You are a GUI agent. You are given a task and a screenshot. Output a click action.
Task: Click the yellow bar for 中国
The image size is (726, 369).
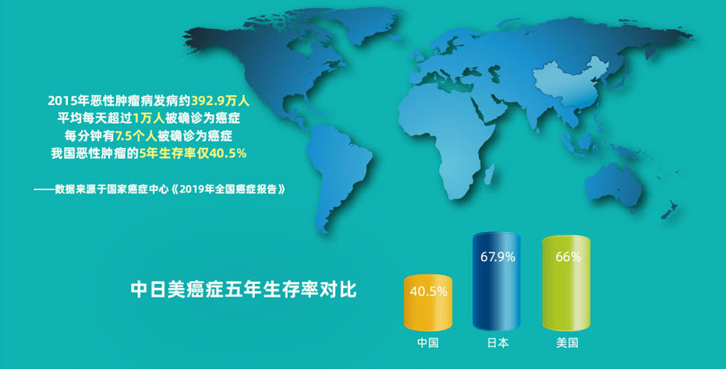pyautogui.click(x=427, y=302)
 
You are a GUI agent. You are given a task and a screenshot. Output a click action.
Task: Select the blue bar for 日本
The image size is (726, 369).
pyautogui.click(x=497, y=282)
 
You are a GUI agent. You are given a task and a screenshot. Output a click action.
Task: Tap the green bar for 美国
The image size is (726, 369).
pyautogui.click(x=566, y=283)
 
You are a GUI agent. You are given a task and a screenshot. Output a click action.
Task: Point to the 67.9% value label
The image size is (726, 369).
pyautogui.click(x=498, y=257)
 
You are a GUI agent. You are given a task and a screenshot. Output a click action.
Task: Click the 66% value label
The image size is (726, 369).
pyautogui.click(x=568, y=257)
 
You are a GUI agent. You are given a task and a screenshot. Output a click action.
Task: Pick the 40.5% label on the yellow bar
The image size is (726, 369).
pyautogui.click(x=428, y=292)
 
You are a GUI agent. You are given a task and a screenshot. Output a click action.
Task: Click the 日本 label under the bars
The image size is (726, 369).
pyautogui.click(x=498, y=343)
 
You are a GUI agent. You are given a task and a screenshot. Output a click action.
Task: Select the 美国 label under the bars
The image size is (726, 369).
pyautogui.click(x=567, y=343)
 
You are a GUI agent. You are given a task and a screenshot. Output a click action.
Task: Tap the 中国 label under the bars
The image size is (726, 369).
pyautogui.click(x=427, y=343)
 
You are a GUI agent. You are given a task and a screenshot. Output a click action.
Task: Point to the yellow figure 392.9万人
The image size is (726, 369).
pyautogui.click(x=221, y=100)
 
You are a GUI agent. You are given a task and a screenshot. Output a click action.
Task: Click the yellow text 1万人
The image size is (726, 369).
pyautogui.click(x=148, y=118)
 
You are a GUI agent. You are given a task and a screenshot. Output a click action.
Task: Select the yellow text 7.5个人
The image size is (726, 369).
pyautogui.click(x=136, y=136)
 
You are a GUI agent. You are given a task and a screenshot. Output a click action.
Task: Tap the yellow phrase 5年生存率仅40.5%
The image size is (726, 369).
pyautogui.click(x=193, y=154)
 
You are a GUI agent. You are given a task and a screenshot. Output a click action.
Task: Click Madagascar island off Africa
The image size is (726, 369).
pyautogui.click(x=488, y=176)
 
